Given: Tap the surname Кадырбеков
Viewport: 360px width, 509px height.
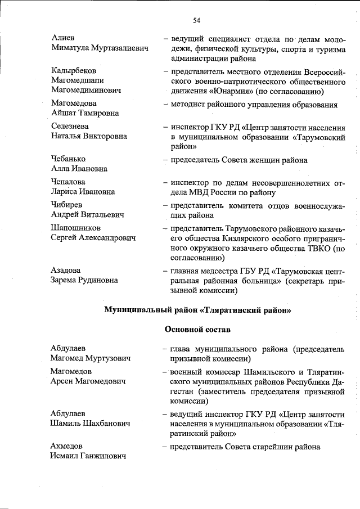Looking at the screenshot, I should (73, 71).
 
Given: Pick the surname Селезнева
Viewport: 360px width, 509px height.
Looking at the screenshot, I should (69, 126).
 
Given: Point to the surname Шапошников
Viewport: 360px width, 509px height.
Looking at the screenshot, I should (75, 228).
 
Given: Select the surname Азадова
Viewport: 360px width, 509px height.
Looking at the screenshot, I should (65, 271).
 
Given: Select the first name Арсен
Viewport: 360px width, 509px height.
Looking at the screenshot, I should (62, 381).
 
